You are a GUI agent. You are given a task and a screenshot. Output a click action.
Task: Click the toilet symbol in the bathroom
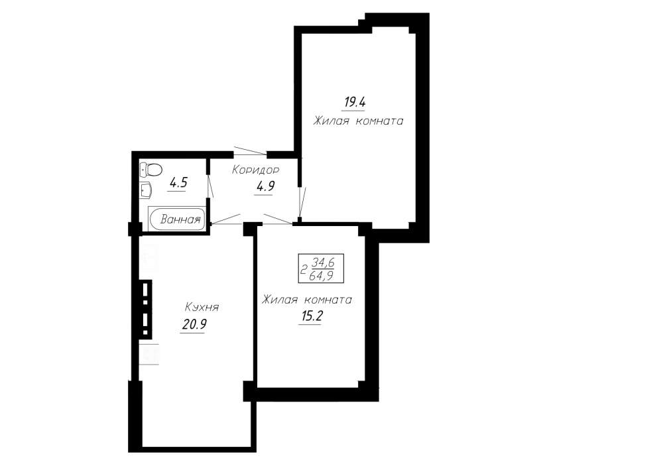pyautogui.click(x=151, y=170)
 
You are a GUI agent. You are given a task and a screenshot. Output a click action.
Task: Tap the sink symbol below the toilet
pyautogui.click(x=147, y=190)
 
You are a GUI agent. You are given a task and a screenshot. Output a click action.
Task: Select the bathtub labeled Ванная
pyautogui.click(x=177, y=219)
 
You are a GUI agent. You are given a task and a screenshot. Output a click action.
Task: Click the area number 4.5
pyautogui.click(x=178, y=183)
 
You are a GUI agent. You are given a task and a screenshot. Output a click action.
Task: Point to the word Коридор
pyautogui.click(x=255, y=170)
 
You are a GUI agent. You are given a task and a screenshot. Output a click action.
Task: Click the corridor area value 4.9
pyautogui.click(x=265, y=186)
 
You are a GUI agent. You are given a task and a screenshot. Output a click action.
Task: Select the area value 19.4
pyautogui.click(x=355, y=102)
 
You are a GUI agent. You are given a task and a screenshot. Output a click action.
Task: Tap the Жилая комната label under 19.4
pyautogui.click(x=358, y=121)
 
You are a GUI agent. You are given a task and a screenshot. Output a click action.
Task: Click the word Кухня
pyautogui.click(x=202, y=308)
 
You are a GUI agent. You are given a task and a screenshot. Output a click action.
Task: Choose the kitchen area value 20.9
pyautogui.click(x=194, y=324)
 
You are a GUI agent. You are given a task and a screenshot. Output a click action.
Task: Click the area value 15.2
pyautogui.click(x=310, y=316)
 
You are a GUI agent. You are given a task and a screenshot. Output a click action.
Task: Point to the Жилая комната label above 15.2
pyautogui.click(x=306, y=300)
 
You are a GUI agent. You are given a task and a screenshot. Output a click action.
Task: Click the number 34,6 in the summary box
pyautogui.click(x=323, y=263)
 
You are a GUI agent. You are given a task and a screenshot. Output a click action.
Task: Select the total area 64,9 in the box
pyautogui.click(x=322, y=276)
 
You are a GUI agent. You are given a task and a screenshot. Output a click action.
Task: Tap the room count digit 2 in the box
pyautogui.click(x=303, y=270)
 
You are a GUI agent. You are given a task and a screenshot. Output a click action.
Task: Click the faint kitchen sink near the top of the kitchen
pyautogui.click(x=149, y=257)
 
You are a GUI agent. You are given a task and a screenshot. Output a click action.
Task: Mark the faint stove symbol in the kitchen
pyautogui.click(x=149, y=354)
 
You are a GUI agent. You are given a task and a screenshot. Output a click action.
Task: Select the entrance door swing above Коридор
pyautogui.click(x=251, y=151)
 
